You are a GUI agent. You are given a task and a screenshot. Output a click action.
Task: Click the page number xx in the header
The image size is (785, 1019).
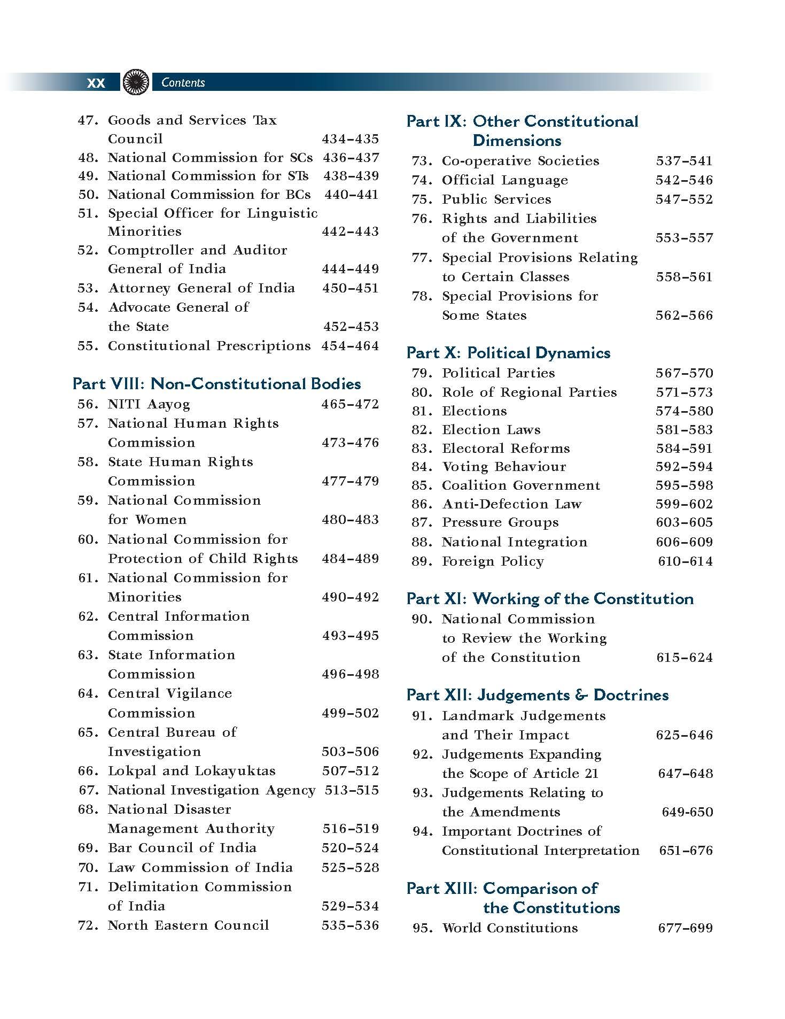[x=96, y=83]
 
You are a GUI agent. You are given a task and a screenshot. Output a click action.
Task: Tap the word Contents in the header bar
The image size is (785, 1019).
[x=183, y=82]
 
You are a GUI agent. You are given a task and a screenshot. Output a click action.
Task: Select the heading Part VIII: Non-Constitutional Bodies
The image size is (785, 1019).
[x=216, y=384]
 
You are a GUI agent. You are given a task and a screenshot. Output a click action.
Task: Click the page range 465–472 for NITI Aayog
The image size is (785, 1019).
[x=350, y=404]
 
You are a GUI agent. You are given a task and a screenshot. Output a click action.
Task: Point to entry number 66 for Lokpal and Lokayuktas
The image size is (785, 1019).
[x=88, y=771]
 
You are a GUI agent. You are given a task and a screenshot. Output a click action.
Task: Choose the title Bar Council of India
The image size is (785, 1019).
[x=182, y=848]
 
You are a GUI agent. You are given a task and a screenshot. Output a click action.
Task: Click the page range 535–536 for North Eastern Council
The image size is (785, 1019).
[x=350, y=925]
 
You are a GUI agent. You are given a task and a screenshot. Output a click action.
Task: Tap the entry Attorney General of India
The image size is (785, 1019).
[x=201, y=288]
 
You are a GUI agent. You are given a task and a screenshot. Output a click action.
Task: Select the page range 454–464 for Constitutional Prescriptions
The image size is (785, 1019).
[x=350, y=346]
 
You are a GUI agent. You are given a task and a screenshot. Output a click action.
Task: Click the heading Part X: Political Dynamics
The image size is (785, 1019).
[x=508, y=353]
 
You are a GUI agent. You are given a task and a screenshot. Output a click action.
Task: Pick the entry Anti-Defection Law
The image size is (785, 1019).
[x=511, y=504]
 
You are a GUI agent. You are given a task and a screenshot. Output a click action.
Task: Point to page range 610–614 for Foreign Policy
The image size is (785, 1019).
[x=686, y=561]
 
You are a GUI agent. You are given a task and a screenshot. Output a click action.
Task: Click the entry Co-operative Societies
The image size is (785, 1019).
[x=520, y=161]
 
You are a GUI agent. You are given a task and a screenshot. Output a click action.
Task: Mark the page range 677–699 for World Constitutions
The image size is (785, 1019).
[x=686, y=928]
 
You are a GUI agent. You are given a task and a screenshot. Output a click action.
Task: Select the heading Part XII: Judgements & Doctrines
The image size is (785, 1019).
[x=538, y=695]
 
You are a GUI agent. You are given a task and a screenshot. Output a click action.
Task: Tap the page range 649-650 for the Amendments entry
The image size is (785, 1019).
[x=687, y=812]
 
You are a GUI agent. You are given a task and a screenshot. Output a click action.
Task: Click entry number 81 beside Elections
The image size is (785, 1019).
[x=422, y=411]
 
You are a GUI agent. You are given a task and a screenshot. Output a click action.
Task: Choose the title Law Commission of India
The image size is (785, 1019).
[x=200, y=867]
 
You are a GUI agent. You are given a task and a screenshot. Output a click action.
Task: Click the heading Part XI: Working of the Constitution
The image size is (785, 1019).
[x=550, y=599]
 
